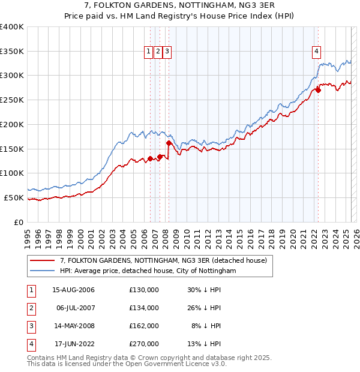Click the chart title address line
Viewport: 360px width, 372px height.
180,7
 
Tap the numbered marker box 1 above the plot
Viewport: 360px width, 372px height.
148,52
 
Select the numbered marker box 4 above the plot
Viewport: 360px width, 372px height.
316,52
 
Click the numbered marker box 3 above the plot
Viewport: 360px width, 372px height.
167,52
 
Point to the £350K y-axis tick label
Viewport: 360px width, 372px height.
12,52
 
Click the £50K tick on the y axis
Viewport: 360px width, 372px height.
14,197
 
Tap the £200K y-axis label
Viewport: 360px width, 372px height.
12,124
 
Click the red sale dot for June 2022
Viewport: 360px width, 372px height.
319,91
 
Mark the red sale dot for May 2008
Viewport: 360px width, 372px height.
169,143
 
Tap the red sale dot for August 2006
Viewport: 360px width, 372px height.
150,159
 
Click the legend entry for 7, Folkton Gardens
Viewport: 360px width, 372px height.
167,260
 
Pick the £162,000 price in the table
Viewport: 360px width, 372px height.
144,326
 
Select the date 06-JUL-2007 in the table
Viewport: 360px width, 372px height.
76,308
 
